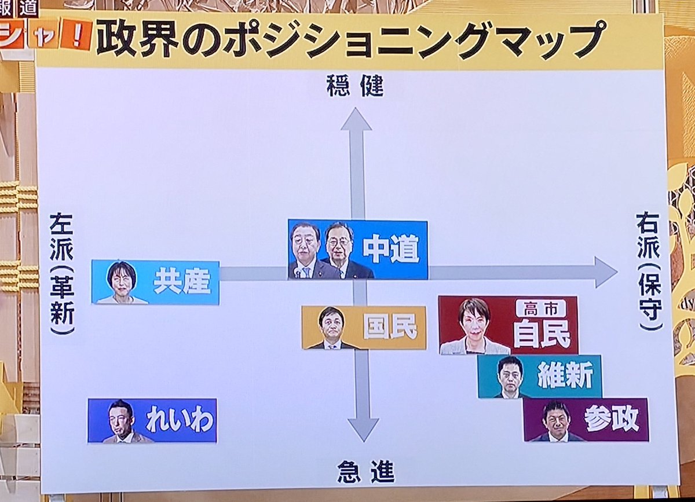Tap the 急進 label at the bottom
(365, 472)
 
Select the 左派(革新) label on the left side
(62, 273)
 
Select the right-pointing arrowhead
(605, 272)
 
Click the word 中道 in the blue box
(390, 250)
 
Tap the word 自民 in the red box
(542, 334)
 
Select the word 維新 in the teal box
(565, 377)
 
